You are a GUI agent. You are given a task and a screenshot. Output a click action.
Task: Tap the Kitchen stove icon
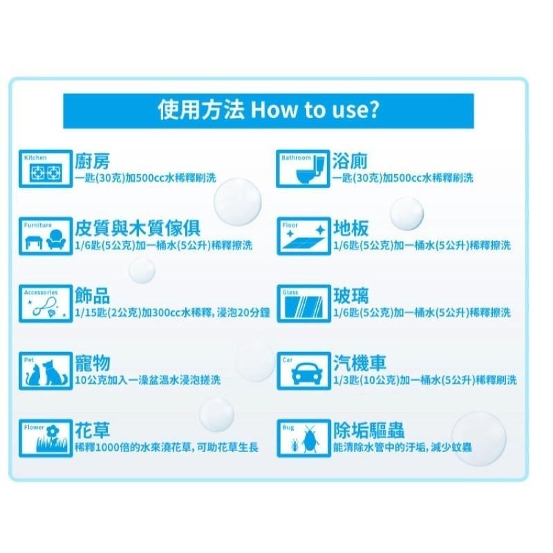pyautogui.click(x=46, y=169)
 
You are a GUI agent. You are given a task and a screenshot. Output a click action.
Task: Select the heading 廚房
pyautogui.click(x=92, y=162)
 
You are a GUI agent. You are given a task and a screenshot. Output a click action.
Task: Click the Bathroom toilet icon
pyautogui.click(x=303, y=169)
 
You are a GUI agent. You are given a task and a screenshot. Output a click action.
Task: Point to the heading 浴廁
pyautogui.click(x=350, y=162)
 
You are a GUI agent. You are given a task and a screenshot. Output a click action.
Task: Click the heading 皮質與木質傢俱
pyautogui.click(x=138, y=229)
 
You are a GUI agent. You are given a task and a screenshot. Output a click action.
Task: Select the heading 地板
pyautogui.click(x=350, y=229)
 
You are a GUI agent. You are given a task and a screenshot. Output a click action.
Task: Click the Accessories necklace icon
pyautogui.click(x=46, y=304)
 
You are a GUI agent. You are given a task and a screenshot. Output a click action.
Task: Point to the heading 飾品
pyautogui.click(x=92, y=297)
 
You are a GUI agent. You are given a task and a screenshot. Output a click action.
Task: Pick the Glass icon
pyautogui.click(x=303, y=304)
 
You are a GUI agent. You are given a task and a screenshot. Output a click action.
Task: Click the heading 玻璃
pyautogui.click(x=350, y=297)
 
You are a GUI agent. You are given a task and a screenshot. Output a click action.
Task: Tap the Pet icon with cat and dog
pyautogui.click(x=46, y=371)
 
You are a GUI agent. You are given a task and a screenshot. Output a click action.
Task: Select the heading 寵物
pyautogui.click(x=92, y=364)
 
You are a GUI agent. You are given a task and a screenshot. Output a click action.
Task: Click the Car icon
pyautogui.click(x=303, y=371)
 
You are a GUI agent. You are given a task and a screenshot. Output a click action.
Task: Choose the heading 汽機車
pyautogui.click(x=359, y=364)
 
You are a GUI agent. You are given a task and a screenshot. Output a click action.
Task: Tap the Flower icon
pyautogui.click(x=46, y=439)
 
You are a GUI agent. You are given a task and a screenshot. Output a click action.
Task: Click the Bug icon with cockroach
pyautogui.click(x=303, y=439)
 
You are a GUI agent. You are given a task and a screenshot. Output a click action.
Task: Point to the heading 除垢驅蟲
pyautogui.click(x=368, y=431)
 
